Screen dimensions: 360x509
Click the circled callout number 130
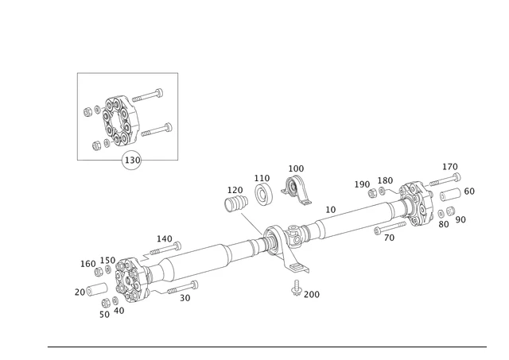point(132,160)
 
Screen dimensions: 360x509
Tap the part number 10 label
point(331,209)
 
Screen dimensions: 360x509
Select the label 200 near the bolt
point(311,294)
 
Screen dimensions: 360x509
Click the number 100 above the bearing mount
point(296,168)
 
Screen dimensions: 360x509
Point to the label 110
point(262,178)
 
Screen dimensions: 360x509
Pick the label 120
point(235,190)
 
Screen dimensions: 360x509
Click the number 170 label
point(450,167)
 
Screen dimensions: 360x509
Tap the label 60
point(469,192)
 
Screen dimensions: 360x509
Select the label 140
point(164,238)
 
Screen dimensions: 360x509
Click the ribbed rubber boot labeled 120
point(236,205)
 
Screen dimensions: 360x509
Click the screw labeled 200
point(296,288)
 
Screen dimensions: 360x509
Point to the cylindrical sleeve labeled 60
point(450,195)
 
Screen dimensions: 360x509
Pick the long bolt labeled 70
point(389,228)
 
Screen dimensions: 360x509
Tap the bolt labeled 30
point(182,287)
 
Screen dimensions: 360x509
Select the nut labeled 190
point(372,193)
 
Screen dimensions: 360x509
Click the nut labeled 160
point(99,272)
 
